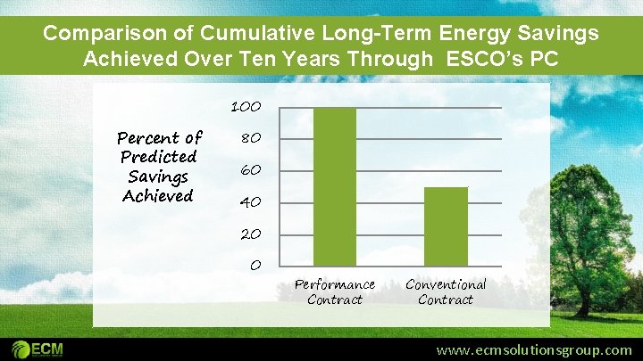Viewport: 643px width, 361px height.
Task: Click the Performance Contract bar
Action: [335, 186]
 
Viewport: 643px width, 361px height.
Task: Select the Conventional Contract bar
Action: [446, 226]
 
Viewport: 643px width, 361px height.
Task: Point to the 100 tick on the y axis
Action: [246, 107]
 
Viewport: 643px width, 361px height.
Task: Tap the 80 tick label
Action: [250, 139]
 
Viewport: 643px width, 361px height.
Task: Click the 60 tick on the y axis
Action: [250, 170]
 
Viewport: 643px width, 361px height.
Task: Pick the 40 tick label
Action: [250, 202]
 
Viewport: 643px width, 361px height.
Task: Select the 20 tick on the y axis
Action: [250, 234]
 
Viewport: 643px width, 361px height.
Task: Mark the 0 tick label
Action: [255, 266]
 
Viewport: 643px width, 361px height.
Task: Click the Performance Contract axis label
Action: [335, 291]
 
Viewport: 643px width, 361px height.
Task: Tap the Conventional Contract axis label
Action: [446, 291]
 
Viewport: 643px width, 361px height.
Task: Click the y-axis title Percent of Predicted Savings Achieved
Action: [159, 167]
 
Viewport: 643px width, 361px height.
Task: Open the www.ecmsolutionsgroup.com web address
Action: [533, 350]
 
